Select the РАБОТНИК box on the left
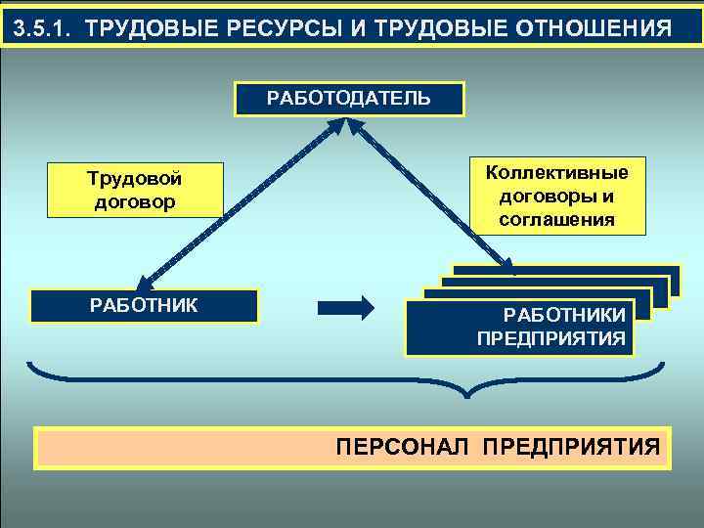[144, 305]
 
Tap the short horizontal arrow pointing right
[347, 307]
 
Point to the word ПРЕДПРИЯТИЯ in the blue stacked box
[551, 338]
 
